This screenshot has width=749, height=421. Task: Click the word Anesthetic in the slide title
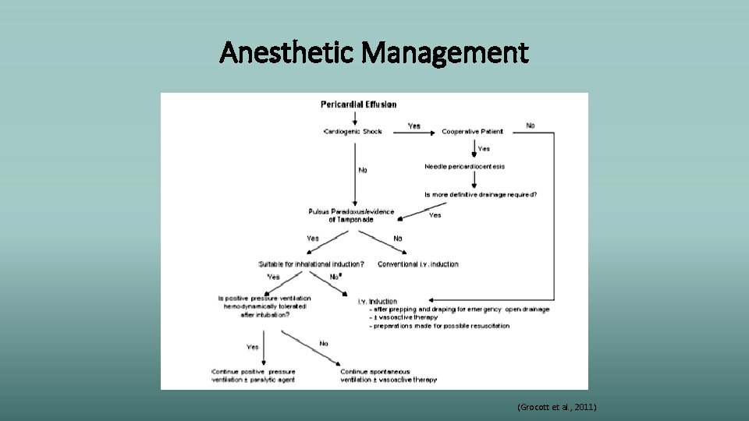pyautogui.click(x=287, y=53)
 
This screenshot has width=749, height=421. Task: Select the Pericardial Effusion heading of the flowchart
pyautogui.click(x=359, y=104)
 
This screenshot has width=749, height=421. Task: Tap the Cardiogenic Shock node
pyautogui.click(x=353, y=131)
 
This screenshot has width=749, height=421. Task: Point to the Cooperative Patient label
pyautogui.click(x=473, y=131)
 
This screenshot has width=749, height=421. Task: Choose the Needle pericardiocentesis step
pyautogui.click(x=465, y=166)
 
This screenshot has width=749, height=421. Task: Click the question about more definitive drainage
pyautogui.click(x=481, y=194)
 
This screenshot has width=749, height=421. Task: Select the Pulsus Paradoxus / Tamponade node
pyautogui.click(x=351, y=214)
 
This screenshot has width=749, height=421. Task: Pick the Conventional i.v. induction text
pyautogui.click(x=418, y=264)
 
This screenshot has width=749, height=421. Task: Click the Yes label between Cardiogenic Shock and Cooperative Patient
pyautogui.click(x=414, y=126)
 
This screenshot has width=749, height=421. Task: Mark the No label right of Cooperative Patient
pyautogui.click(x=531, y=126)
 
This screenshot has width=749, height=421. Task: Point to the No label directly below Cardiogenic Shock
pyautogui.click(x=363, y=170)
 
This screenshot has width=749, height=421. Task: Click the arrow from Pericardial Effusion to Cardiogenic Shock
pyautogui.click(x=356, y=118)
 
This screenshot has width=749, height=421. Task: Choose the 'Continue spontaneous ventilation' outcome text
pyautogui.click(x=388, y=376)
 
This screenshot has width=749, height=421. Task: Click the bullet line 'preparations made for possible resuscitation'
pyautogui.click(x=441, y=326)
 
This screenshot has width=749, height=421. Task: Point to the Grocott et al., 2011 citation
pyautogui.click(x=557, y=407)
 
